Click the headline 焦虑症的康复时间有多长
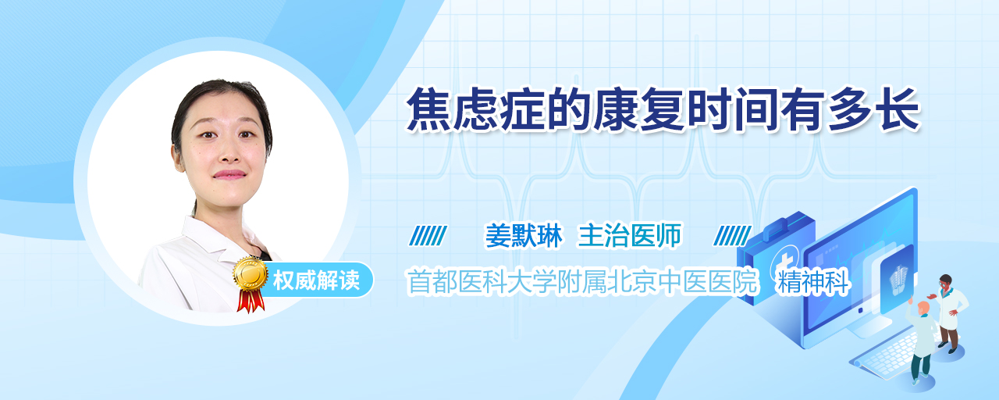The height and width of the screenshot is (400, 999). coord(663,110)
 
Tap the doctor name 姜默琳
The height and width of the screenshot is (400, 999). coord(524,235)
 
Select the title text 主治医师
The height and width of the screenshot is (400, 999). coord(630,235)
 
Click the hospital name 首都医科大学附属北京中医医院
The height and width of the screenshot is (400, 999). coord(582,282)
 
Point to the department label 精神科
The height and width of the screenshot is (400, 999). coord(812,282)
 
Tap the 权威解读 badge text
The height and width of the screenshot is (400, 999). coord(316,280)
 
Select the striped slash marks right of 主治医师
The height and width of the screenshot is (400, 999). coord(732,235)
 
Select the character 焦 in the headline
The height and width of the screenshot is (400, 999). coord(428,110)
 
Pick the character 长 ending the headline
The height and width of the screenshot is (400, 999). coord(898,110)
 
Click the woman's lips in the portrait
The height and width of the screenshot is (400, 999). coord(229,174)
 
